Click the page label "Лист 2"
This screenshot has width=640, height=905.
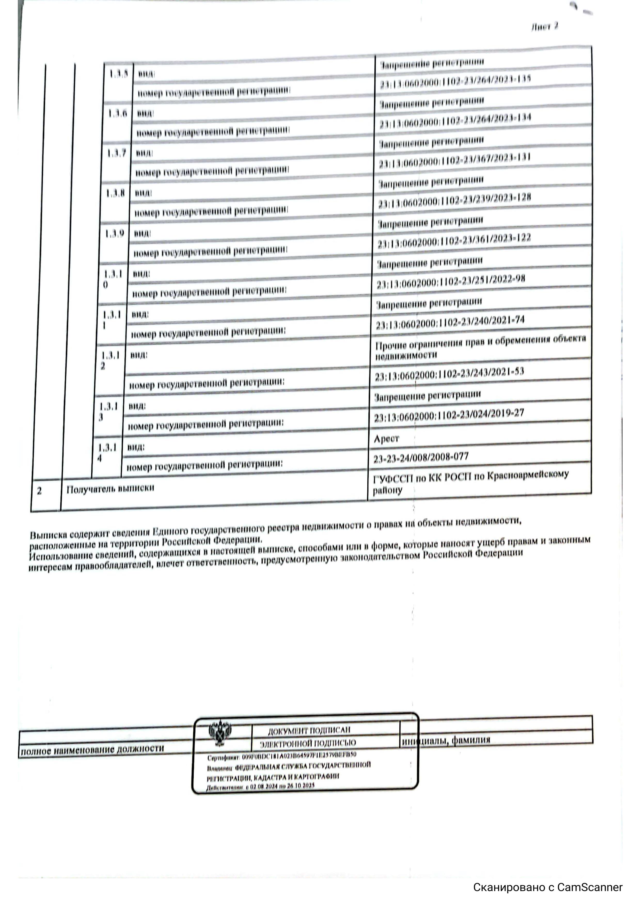(x=544, y=27)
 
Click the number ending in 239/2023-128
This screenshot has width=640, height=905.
(x=454, y=201)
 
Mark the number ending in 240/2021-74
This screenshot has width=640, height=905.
(x=450, y=322)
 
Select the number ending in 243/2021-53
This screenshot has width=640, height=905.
(x=449, y=374)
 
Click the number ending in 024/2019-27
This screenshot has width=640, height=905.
(x=449, y=415)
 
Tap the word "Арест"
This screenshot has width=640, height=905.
(x=386, y=439)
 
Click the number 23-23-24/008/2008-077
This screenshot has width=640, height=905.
(x=421, y=458)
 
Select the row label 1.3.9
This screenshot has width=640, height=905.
(x=114, y=234)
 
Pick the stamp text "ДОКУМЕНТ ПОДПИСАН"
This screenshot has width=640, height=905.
(x=309, y=731)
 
